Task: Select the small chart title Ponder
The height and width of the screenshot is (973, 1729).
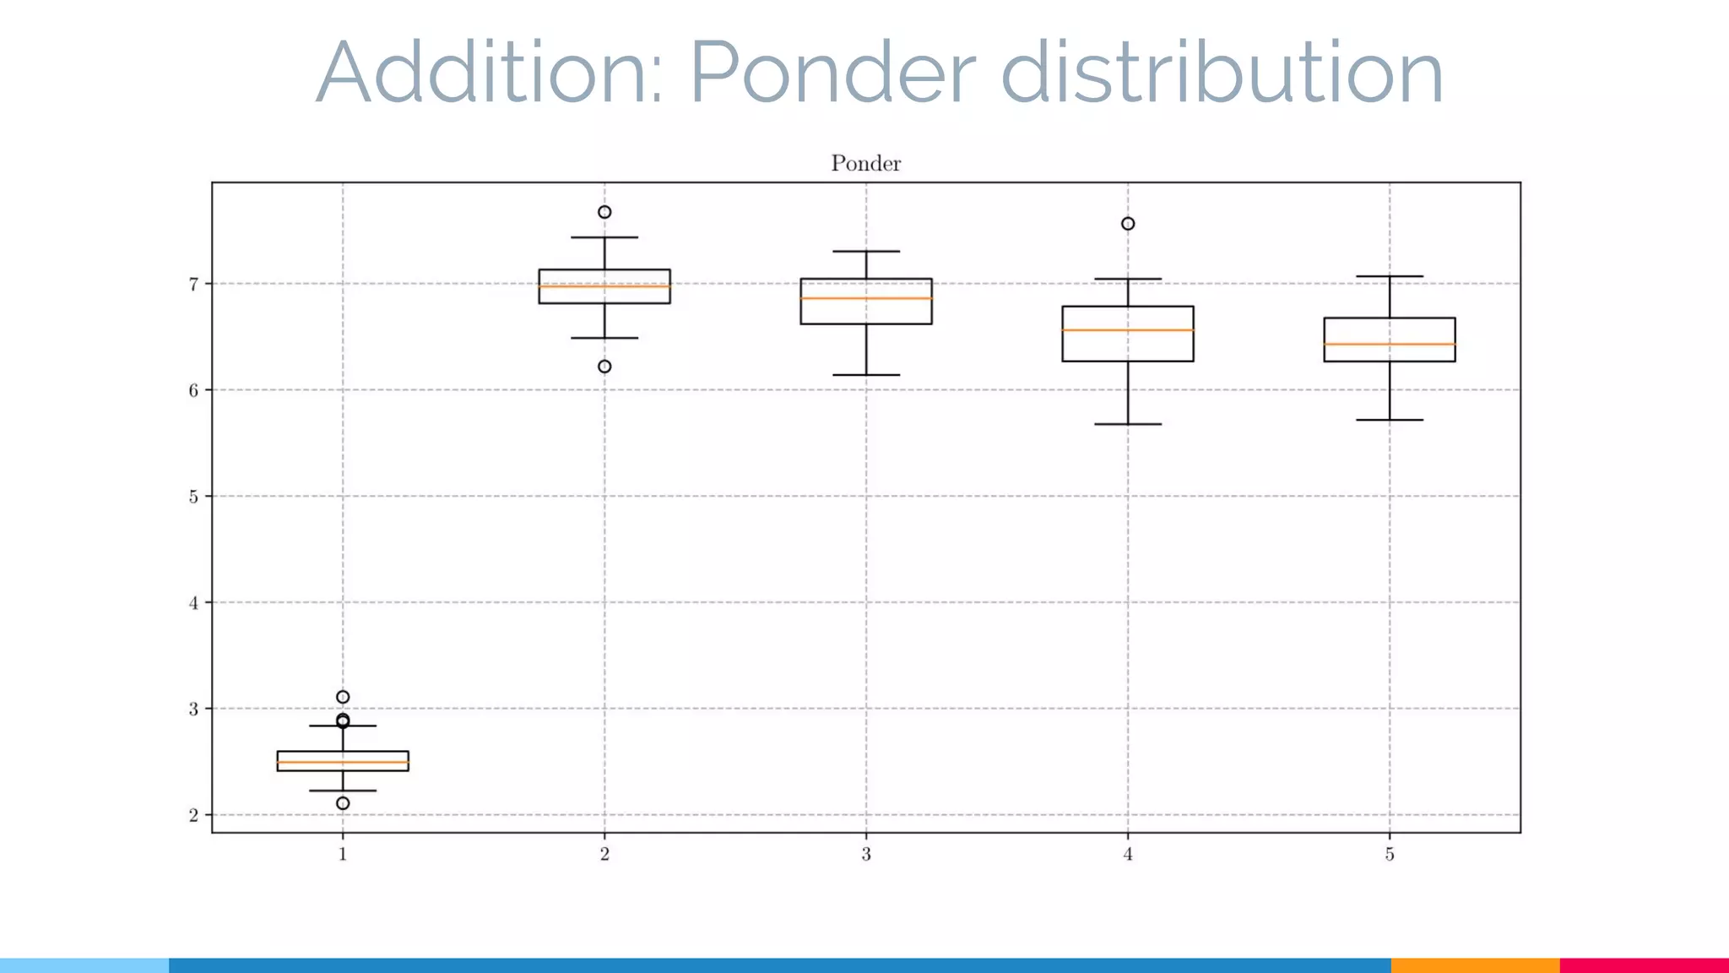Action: [865, 163]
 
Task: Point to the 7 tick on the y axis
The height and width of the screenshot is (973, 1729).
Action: [194, 284]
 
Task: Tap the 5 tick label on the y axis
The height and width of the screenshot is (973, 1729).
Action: [194, 497]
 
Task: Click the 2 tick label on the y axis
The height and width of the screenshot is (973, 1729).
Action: [194, 815]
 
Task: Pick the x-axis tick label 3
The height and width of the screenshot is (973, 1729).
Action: [866, 855]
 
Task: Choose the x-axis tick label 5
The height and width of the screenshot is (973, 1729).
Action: [1390, 855]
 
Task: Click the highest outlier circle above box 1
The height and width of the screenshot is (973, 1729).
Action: [343, 697]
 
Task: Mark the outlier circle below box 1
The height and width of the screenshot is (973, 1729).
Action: [343, 803]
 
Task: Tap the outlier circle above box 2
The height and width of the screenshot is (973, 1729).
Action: [604, 212]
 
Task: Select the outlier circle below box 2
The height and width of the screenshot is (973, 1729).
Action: [604, 367]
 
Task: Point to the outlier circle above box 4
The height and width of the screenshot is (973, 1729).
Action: [1128, 224]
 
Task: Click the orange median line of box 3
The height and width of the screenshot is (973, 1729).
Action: [866, 298]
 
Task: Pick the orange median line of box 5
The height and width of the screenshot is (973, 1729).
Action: [1390, 344]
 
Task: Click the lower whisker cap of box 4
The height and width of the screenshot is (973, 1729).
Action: [1128, 424]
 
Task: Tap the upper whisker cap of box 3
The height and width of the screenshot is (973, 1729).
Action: [866, 252]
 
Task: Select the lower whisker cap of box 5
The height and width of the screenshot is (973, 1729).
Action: [1390, 420]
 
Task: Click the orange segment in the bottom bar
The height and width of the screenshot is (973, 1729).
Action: [1475, 965]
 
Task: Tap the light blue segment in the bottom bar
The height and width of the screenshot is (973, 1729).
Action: [84, 965]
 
